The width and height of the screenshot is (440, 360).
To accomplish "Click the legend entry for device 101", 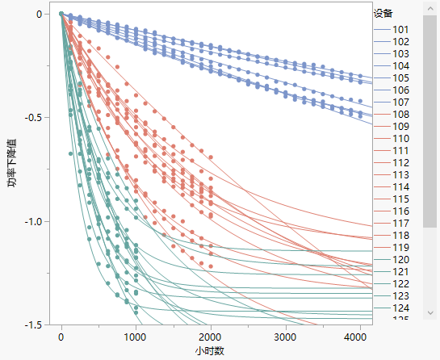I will (x=400, y=29).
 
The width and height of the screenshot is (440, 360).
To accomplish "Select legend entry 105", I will (x=400, y=77).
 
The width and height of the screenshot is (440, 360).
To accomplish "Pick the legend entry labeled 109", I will (x=400, y=126).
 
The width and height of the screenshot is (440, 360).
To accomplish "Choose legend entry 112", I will (x=400, y=162).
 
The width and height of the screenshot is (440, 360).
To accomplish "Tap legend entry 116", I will (x=400, y=211).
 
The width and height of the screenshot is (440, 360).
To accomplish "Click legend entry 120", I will (x=400, y=259).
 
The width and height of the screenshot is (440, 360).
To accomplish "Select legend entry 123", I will (x=400, y=295).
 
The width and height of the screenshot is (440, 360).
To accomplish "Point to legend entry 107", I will (x=400, y=102).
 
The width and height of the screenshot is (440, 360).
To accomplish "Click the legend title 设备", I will (x=383, y=13).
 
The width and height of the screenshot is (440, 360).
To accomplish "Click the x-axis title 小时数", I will (x=208, y=351).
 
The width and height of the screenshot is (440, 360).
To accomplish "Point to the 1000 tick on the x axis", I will (x=135, y=337).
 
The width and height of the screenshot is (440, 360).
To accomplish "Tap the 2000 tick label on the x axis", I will (x=210, y=337).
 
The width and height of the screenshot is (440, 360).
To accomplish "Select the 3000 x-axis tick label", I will (x=284, y=337).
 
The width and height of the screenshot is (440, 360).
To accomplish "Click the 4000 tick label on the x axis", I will (x=358, y=337).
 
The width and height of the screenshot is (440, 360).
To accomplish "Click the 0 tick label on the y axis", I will (x=37, y=15).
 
